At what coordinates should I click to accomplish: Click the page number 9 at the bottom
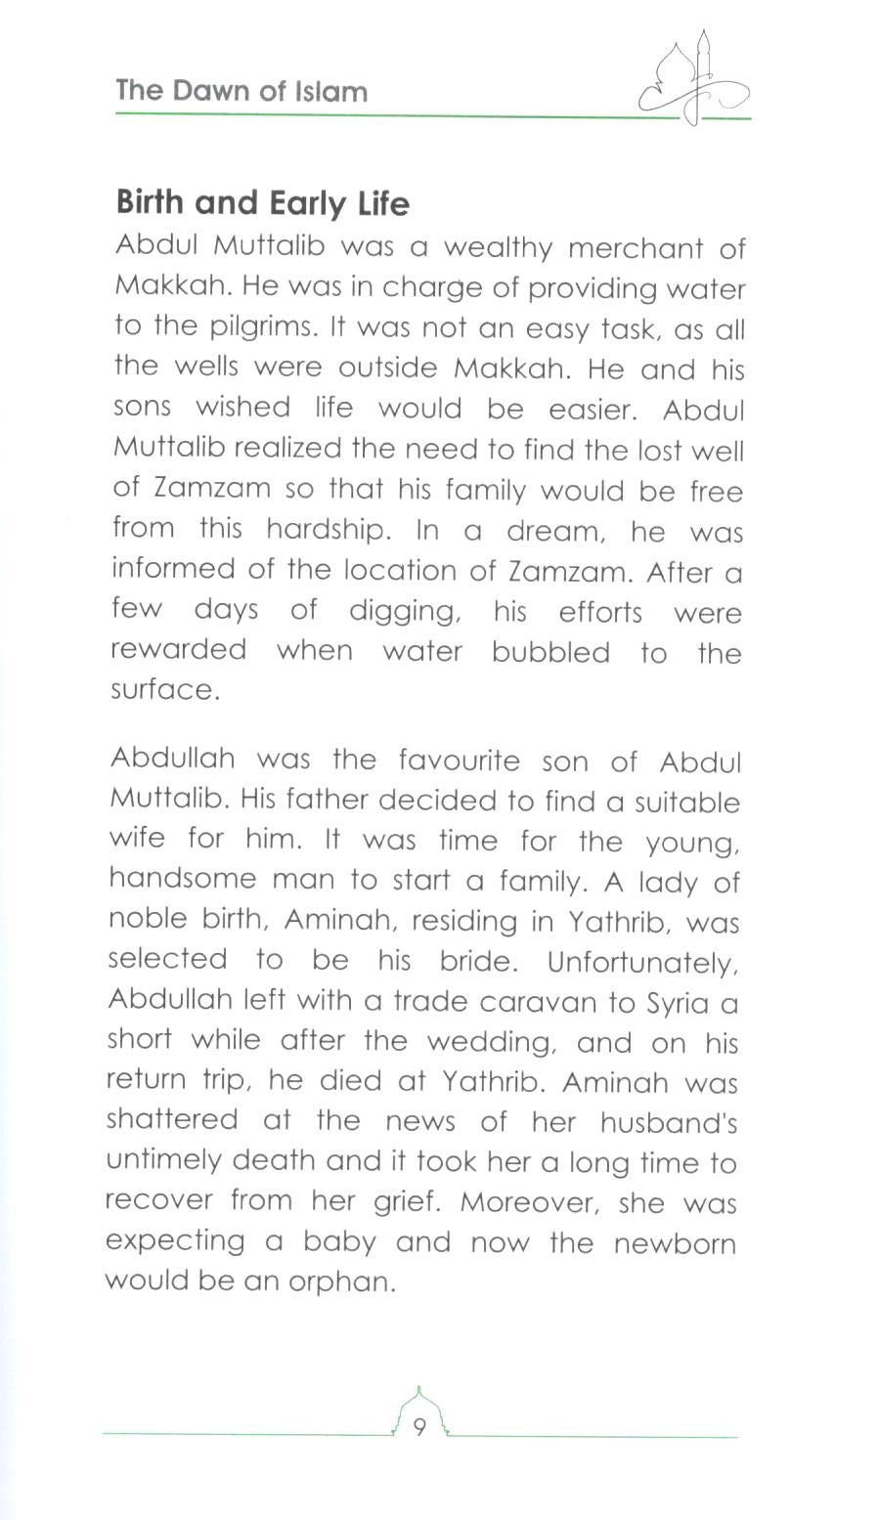pyautogui.click(x=419, y=1428)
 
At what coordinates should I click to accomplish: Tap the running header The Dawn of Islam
pyautogui.click(x=241, y=92)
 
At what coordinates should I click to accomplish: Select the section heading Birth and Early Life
pyautogui.click(x=262, y=202)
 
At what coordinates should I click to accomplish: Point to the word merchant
pyautogui.click(x=636, y=248)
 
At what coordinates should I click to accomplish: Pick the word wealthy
pyautogui.click(x=498, y=248)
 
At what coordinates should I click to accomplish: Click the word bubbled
pyautogui.click(x=550, y=652)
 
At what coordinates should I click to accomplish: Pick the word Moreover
pyautogui.click(x=529, y=1202)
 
